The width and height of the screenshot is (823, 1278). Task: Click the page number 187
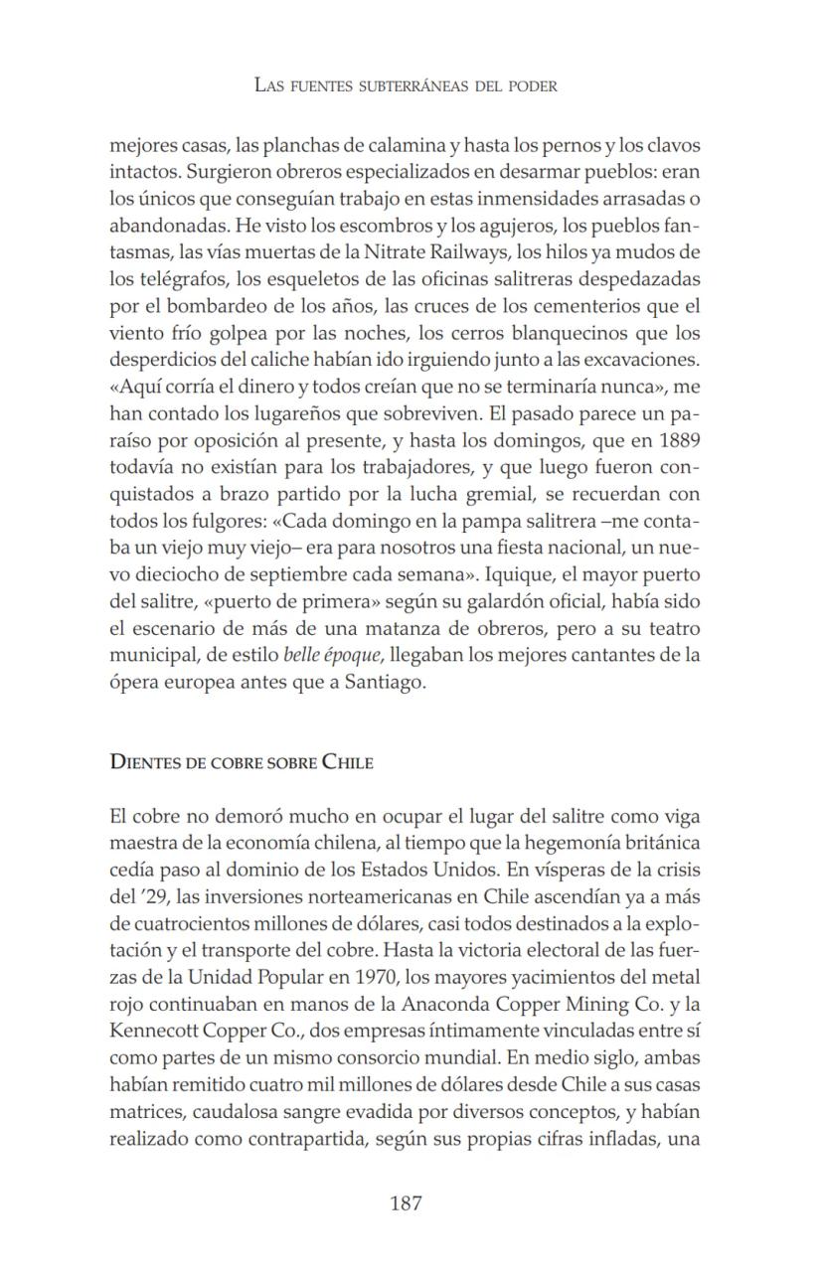click(406, 1203)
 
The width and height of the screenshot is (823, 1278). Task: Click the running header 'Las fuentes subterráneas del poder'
click(406, 85)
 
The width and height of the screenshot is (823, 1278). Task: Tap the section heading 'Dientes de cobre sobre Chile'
click(242, 762)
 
